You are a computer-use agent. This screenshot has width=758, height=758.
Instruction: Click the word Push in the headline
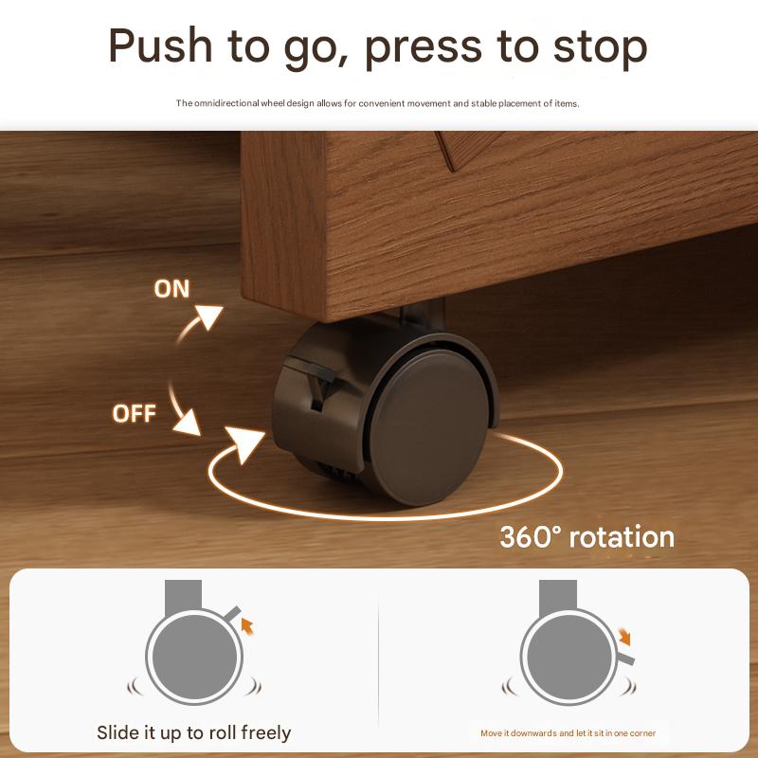[160, 45]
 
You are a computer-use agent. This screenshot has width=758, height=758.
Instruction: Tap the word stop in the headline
[600, 47]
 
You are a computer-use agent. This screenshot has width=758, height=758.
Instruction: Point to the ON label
[171, 289]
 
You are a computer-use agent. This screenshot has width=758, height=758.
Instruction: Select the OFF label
[134, 414]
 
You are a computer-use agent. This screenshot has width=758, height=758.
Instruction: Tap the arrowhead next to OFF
[188, 423]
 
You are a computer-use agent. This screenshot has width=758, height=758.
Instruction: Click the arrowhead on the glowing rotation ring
[244, 443]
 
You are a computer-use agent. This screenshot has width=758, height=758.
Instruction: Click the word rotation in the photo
[622, 537]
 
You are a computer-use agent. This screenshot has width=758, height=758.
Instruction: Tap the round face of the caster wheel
[429, 429]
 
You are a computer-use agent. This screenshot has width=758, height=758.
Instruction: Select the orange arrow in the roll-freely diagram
[247, 626]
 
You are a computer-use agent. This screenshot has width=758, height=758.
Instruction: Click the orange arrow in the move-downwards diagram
[624, 637]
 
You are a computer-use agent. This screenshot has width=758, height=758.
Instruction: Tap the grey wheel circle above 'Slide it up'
[194, 657]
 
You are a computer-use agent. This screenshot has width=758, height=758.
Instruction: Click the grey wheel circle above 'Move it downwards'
[569, 657]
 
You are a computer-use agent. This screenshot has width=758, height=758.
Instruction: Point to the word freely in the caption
[266, 732]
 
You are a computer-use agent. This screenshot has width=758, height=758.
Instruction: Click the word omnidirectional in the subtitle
[226, 103]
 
